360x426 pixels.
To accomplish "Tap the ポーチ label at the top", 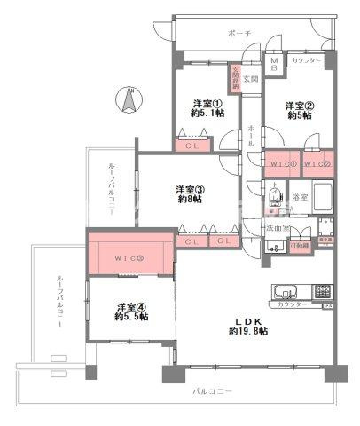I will (239, 33).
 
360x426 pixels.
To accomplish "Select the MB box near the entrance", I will (274, 64).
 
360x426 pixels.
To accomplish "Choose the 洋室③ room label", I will (189, 193).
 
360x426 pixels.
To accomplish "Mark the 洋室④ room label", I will (131, 312).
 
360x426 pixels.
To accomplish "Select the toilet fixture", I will (276, 197).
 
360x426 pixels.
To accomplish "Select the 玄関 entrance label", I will (250, 78).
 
